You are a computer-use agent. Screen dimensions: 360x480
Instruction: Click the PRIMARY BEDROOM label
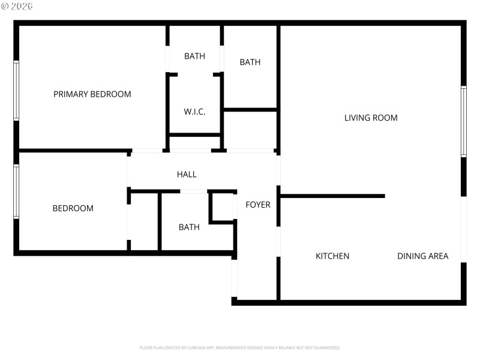(92, 94)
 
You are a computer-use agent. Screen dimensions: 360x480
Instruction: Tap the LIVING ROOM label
(371, 118)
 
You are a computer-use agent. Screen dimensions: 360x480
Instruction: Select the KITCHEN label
(332, 256)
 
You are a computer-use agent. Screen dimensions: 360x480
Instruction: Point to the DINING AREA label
(422, 256)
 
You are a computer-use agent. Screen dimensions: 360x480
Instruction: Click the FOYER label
(258, 205)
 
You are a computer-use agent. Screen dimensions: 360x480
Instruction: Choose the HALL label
(187, 175)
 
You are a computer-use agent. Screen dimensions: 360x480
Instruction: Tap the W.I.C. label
(194, 112)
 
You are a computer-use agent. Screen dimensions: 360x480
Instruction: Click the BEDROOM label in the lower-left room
(73, 209)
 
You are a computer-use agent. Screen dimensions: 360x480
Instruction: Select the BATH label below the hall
(189, 227)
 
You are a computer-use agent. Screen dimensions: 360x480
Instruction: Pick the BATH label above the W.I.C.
(194, 56)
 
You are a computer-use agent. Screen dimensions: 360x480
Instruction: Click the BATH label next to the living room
(250, 62)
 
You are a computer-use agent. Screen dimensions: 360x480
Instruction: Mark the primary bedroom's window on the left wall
(16, 91)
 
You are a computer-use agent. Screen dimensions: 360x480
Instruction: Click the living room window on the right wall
(464, 121)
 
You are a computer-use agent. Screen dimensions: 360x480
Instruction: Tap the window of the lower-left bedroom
(16, 191)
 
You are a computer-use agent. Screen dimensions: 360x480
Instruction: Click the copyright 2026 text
(18, 5)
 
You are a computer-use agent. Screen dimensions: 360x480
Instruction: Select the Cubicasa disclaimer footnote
(240, 347)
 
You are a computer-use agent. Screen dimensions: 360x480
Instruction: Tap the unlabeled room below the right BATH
(250, 130)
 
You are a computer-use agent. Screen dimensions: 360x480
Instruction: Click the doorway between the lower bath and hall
(194, 191)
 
